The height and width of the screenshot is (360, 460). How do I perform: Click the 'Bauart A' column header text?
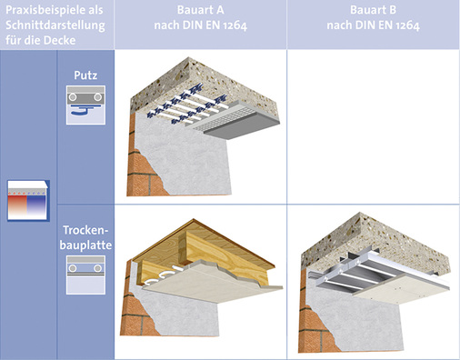(x=200, y=10)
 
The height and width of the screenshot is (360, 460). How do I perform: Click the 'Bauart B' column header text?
(x=373, y=10)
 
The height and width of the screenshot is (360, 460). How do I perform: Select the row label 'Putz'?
(x=85, y=75)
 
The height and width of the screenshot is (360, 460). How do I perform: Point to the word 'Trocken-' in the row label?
(x=85, y=230)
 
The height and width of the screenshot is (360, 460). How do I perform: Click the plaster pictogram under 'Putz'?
(x=85, y=105)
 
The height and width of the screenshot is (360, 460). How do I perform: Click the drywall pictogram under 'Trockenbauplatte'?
(x=85, y=275)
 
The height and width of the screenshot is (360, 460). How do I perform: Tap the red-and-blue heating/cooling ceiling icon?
(x=28, y=201)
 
